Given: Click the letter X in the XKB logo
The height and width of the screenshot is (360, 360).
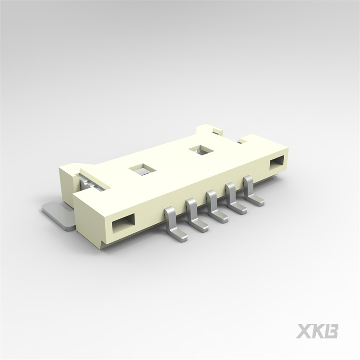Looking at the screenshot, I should click(303, 331).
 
